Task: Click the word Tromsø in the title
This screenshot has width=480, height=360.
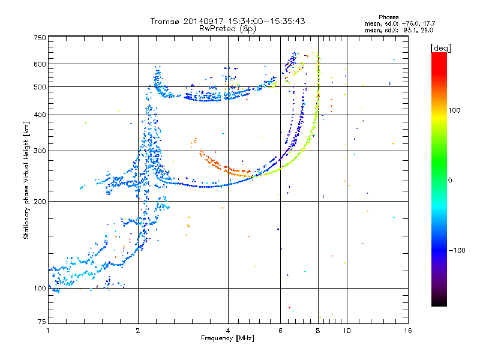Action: pyautogui.click(x=165, y=21)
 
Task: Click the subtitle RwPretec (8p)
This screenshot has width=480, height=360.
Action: pyautogui.click(x=227, y=29)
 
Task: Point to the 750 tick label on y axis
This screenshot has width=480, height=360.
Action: pyautogui.click(x=40, y=38)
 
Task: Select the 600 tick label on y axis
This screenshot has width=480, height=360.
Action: pyautogui.click(x=40, y=64)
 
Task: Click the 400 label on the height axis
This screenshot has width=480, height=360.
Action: pyautogui.click(x=40, y=115)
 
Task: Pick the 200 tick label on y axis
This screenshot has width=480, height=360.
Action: pyautogui.click(x=40, y=202)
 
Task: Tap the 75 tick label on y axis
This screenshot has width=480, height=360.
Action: pyautogui.click(x=42, y=322)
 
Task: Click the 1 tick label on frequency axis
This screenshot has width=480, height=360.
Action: pyautogui.click(x=48, y=331)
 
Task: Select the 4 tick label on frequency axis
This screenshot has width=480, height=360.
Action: pyautogui.click(x=228, y=331)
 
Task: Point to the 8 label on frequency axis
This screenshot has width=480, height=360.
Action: pyautogui.click(x=318, y=331)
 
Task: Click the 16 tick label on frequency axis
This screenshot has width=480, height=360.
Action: pyautogui.click(x=408, y=331)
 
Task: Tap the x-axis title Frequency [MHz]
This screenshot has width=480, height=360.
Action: pyautogui.click(x=228, y=338)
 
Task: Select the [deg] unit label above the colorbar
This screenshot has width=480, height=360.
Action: pyautogui.click(x=441, y=48)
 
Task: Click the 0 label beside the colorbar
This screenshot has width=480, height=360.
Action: pyautogui.click(x=450, y=181)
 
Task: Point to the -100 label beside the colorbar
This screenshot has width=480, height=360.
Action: pyautogui.click(x=457, y=250)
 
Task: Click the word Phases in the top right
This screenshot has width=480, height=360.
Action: pyautogui.click(x=388, y=17)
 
